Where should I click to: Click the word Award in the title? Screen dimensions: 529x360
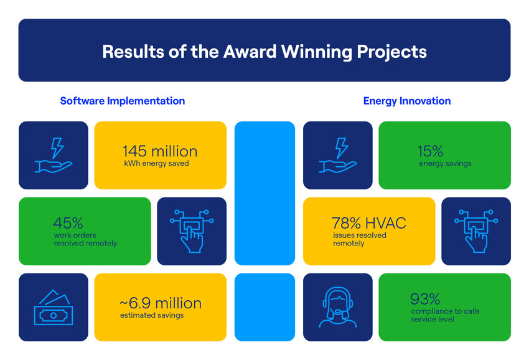(250, 52)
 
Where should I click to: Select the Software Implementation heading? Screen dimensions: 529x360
(123, 101)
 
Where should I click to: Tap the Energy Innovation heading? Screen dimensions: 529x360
(407, 101)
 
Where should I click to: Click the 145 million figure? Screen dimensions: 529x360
(160, 151)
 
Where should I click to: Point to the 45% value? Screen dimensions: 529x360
(68, 223)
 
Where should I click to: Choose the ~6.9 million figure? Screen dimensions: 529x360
(161, 303)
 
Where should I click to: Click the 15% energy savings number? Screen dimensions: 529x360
(430, 151)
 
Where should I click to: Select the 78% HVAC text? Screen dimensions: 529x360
(369, 223)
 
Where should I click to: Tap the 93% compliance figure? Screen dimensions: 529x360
(425, 299)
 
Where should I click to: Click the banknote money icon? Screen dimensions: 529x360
(54, 307)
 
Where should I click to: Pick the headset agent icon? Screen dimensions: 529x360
(338, 307)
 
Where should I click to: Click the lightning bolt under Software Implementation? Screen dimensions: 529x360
(57, 148)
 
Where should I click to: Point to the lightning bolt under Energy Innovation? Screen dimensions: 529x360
(342, 148)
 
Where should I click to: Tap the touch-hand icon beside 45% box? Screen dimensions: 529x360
(192, 231)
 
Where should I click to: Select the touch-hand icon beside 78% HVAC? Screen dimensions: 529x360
(476, 231)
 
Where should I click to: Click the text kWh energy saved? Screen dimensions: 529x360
(156, 163)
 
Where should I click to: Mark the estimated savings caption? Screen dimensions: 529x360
(152, 315)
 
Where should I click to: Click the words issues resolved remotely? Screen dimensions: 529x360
(360, 239)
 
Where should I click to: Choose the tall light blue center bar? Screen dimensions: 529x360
(265, 193)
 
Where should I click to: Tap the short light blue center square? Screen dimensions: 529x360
(265, 307)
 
